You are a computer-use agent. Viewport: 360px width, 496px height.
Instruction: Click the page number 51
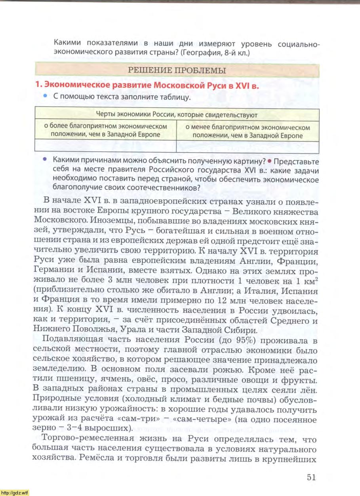point(311,477)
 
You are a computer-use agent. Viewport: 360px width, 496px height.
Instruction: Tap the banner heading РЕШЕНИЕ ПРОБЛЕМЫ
point(177,71)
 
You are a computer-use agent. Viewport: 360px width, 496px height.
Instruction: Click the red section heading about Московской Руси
point(147,85)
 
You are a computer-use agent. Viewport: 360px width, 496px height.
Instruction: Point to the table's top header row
point(177,115)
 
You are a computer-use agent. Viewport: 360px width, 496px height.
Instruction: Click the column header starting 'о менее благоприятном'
point(248,132)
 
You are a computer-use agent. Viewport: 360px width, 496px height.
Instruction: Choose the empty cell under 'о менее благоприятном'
point(248,147)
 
